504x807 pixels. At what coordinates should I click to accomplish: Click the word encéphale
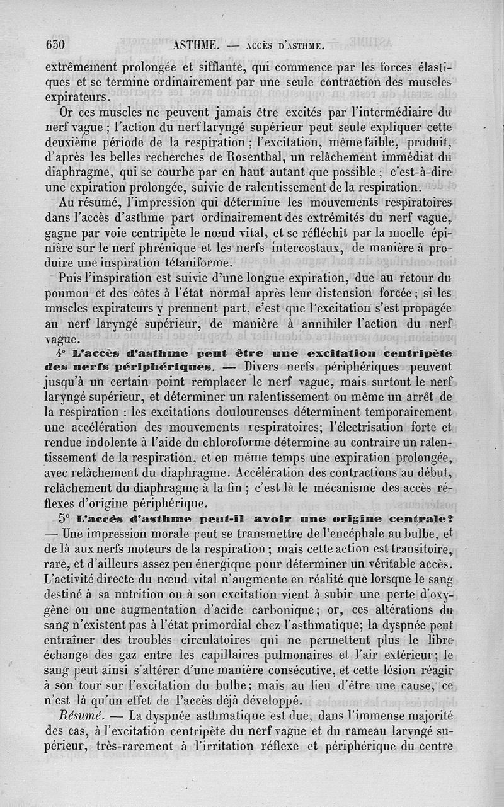tap(367, 534)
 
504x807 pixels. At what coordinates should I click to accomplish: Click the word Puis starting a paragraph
tap(70, 278)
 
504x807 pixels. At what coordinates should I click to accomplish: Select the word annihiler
tap(326, 323)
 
